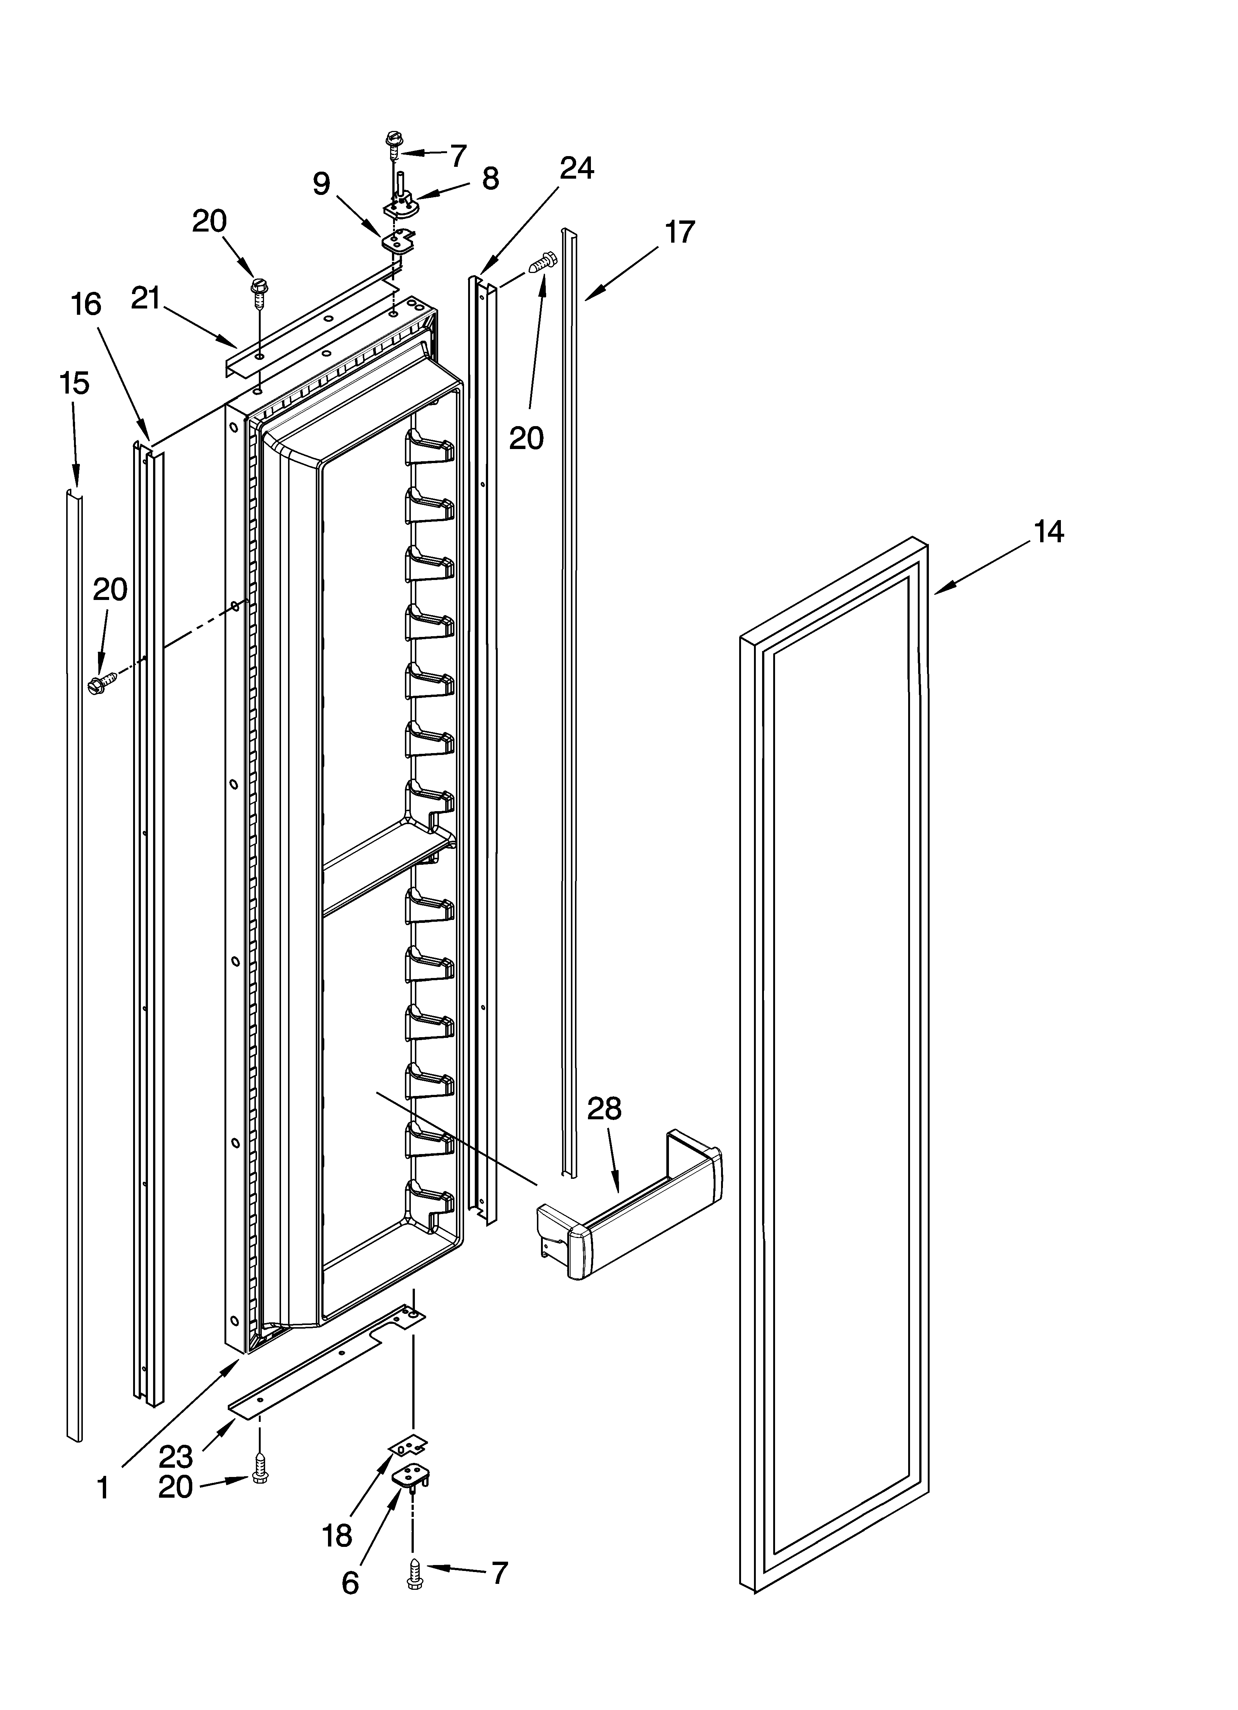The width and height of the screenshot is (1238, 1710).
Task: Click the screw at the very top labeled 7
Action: pyautogui.click(x=392, y=143)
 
